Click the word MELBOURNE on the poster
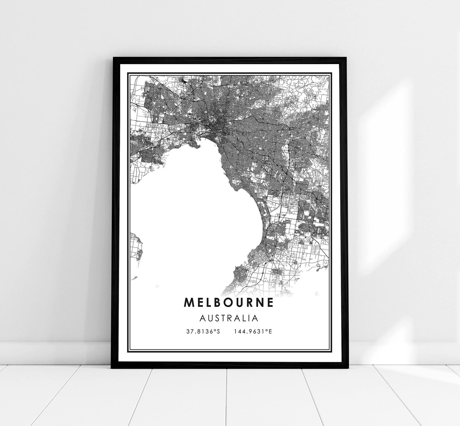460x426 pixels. pyautogui.click(x=229, y=302)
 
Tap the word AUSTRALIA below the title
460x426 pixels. pyautogui.click(x=229, y=318)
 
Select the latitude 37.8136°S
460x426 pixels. pyautogui.click(x=203, y=331)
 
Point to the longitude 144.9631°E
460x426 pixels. pyautogui.click(x=253, y=331)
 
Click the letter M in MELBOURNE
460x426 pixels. pyautogui.click(x=188, y=302)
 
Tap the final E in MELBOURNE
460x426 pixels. pyautogui.click(x=270, y=302)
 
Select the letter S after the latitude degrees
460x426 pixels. pyautogui.click(x=219, y=331)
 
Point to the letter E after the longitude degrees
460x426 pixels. pyautogui.click(x=270, y=331)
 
